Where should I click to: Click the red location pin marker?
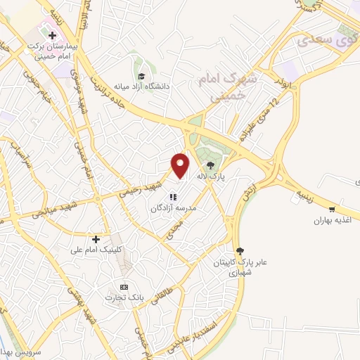(181, 165)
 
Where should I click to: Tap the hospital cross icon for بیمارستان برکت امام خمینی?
(52, 34)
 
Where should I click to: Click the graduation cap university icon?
(141, 76)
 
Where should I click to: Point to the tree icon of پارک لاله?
(212, 167)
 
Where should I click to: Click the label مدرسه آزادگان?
(173, 209)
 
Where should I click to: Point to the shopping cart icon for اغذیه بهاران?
(332, 209)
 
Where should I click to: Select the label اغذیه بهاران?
(332, 220)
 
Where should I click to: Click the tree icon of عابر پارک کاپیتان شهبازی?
(240, 251)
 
